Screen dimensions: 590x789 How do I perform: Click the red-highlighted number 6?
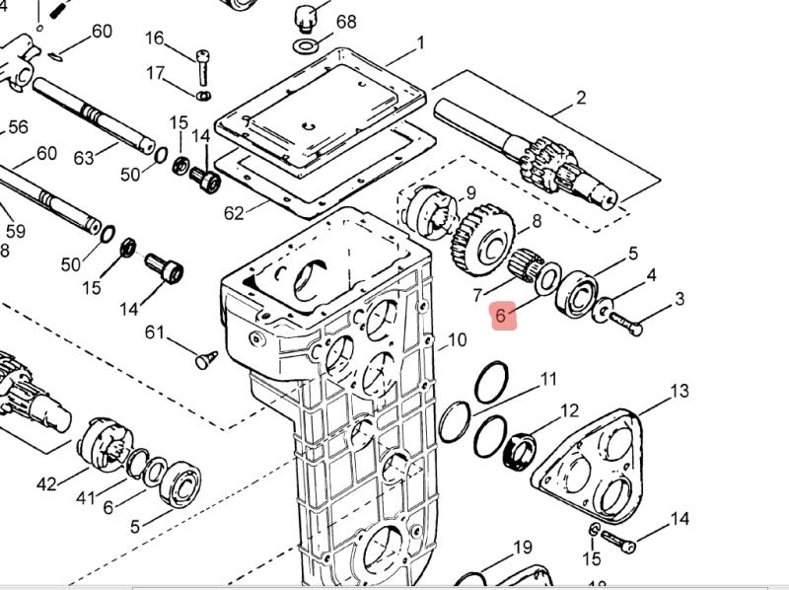(503, 316)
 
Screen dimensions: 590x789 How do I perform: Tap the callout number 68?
(346, 22)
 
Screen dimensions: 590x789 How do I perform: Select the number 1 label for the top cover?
(420, 43)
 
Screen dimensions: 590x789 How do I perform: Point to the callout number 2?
(581, 97)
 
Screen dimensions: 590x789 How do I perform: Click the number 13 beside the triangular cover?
(680, 392)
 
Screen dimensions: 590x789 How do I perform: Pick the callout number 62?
(234, 213)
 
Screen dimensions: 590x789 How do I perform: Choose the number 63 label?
(83, 158)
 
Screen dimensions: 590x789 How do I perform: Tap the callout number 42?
(46, 484)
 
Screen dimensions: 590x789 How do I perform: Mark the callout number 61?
(155, 332)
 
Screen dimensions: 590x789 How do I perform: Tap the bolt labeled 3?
(625, 321)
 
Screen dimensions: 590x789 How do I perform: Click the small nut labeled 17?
(203, 96)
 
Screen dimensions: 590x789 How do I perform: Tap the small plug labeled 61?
(205, 359)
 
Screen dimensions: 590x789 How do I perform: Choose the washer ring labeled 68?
(306, 45)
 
